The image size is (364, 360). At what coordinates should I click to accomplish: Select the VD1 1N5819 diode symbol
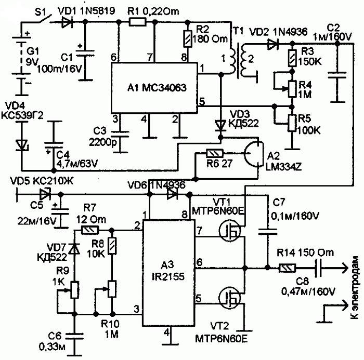point(67,22)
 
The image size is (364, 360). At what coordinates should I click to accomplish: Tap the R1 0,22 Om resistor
point(137,22)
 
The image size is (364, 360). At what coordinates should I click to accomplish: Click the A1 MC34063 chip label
point(157,88)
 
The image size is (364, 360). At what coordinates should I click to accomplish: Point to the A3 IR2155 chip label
point(168,271)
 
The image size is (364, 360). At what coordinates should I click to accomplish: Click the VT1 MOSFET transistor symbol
point(230,231)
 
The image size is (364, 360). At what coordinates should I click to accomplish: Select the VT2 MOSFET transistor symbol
point(230,298)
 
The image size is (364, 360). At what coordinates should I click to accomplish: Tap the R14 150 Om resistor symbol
point(287,268)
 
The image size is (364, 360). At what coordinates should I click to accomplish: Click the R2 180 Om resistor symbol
point(188,38)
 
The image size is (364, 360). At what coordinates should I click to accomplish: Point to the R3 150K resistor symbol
point(292,58)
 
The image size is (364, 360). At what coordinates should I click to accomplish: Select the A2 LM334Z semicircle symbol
point(254,154)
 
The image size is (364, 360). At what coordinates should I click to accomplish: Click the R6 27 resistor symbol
point(215,153)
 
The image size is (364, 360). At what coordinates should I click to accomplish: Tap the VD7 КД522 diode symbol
point(75,249)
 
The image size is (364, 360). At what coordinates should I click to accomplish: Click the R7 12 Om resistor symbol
point(90,231)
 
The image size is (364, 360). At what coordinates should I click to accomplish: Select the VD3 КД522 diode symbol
point(220,126)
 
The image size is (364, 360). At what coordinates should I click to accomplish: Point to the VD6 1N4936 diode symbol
point(172,194)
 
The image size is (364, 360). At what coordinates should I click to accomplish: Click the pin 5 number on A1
point(202,102)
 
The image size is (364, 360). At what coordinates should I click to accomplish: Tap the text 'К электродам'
point(355,287)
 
